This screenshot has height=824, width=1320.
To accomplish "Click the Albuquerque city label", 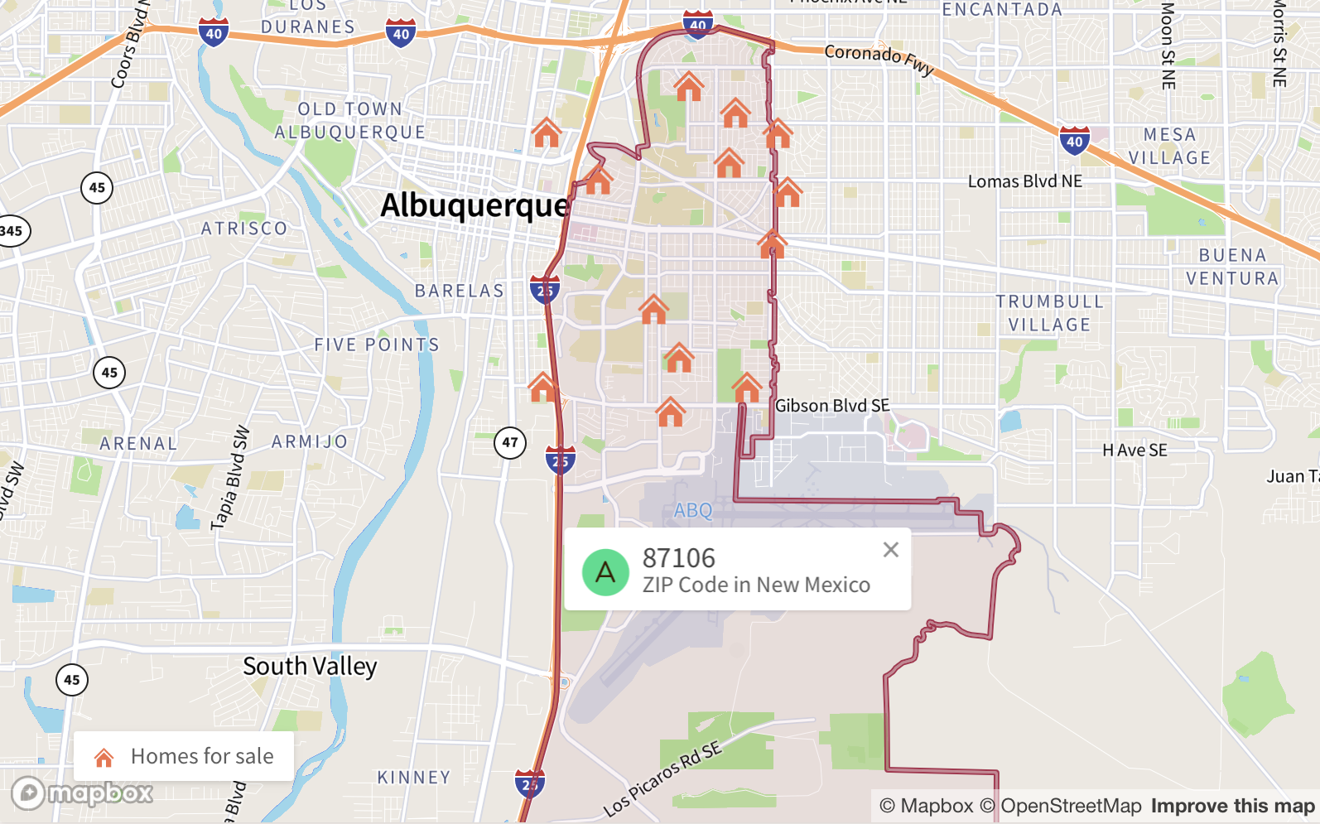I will (x=475, y=205).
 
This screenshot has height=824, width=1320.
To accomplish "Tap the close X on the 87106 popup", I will (x=891, y=550).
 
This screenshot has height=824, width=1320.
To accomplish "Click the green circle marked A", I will (x=605, y=572).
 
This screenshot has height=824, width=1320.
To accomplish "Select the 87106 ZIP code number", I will (x=678, y=558).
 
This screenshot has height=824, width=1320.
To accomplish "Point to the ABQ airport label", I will (x=693, y=510).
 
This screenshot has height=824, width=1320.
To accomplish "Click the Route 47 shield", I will (x=510, y=443).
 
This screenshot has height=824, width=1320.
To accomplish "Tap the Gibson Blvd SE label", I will (x=832, y=406).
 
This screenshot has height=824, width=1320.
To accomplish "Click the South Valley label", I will (x=310, y=667).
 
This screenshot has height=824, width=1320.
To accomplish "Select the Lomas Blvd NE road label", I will (x=1025, y=181).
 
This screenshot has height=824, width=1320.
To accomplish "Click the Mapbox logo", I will (x=82, y=793).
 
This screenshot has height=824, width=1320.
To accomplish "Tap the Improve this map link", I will (x=1232, y=806).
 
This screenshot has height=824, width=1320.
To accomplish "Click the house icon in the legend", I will (x=104, y=757).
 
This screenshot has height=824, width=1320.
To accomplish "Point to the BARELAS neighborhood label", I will (x=460, y=292).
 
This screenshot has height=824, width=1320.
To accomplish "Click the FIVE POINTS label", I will (x=377, y=345).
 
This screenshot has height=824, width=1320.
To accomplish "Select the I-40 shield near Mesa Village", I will (x=1074, y=142).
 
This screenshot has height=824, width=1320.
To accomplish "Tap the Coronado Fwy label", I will (x=879, y=58).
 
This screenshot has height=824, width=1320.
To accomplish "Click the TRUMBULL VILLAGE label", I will (x=1049, y=313).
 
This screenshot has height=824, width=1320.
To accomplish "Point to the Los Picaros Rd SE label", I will (x=662, y=779).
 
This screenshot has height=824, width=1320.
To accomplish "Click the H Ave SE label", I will (x=1135, y=451).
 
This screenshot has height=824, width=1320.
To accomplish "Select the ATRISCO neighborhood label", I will (x=244, y=229).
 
